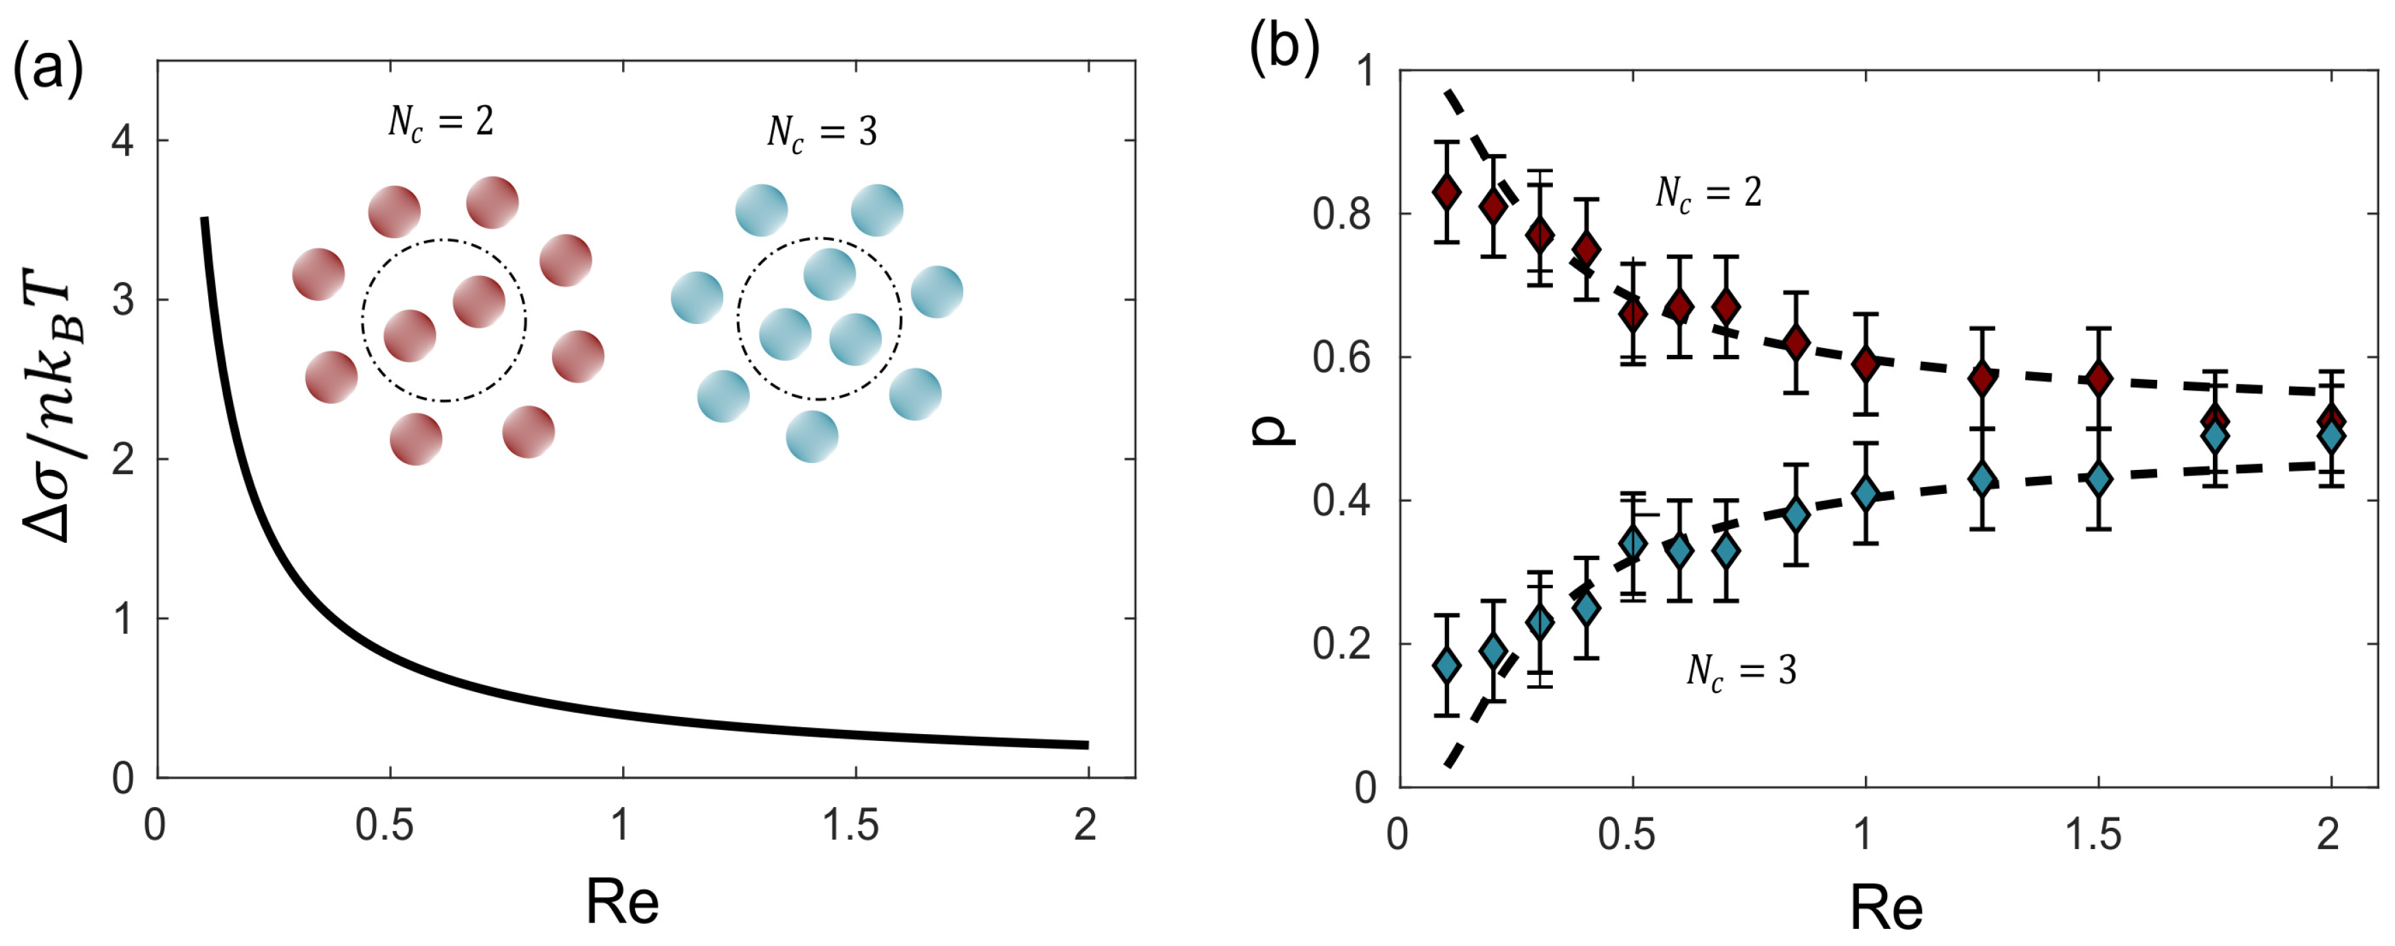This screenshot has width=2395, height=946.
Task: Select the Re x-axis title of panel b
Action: (x=1886, y=907)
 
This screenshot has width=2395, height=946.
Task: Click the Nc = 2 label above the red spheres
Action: (x=441, y=122)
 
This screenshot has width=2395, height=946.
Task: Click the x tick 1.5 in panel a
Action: (x=852, y=824)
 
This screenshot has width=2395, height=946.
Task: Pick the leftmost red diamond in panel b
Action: (x=1446, y=193)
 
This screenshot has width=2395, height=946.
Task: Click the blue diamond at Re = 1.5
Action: (x=2097, y=479)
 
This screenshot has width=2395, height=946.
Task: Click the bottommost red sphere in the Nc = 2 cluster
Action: (x=416, y=439)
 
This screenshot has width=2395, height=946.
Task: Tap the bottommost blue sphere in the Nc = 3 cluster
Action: (x=812, y=436)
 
